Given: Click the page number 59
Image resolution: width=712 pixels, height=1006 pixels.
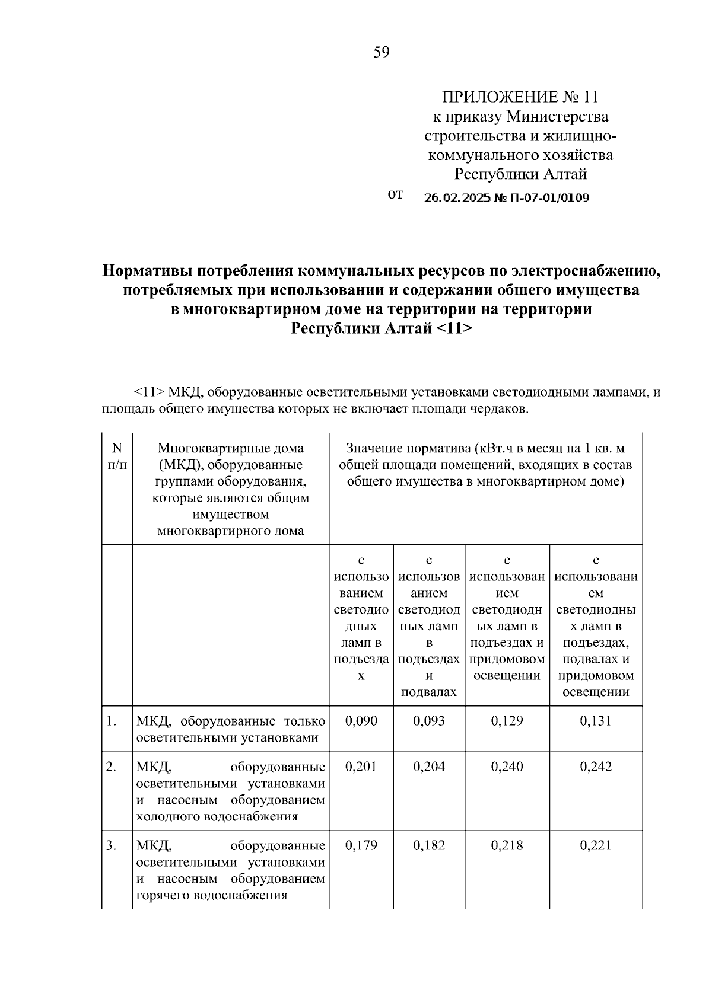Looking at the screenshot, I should (382, 53).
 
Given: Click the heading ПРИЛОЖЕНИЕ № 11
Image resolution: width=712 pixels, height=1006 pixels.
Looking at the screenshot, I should (520, 97).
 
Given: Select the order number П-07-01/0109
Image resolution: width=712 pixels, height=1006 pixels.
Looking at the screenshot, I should (549, 198).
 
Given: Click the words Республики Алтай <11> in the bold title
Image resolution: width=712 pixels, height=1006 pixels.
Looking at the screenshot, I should (382, 328).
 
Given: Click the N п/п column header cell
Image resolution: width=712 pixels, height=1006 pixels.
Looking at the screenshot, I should (117, 457).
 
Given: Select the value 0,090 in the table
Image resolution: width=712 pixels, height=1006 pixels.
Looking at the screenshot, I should (361, 721).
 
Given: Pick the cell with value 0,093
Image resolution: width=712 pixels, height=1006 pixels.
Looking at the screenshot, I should (429, 721).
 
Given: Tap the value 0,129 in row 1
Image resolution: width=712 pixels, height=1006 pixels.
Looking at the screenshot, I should (507, 721).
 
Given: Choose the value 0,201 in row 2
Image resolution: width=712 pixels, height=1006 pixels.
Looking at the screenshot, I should (361, 767).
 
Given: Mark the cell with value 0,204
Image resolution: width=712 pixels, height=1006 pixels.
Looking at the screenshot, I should (429, 767).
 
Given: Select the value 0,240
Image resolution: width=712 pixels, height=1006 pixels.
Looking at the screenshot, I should (507, 767).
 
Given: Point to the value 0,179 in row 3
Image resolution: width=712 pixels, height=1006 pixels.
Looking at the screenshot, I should (361, 845).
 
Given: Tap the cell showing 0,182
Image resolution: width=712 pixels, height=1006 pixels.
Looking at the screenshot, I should (429, 845).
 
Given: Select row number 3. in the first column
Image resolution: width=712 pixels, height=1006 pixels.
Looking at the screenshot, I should (112, 845).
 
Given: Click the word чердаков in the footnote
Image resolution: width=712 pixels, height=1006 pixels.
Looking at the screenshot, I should (501, 409).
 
